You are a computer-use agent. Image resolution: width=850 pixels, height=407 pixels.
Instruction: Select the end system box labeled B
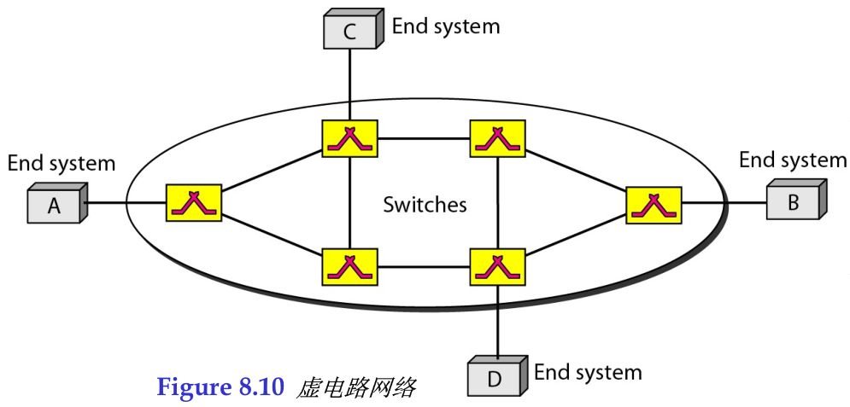794,202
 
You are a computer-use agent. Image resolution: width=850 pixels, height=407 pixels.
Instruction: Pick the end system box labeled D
495,378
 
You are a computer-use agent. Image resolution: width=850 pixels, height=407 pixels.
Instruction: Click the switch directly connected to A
194,203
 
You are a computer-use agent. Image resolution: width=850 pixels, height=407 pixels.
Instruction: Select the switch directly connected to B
654,204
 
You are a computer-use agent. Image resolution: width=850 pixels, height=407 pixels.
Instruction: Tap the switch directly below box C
350,137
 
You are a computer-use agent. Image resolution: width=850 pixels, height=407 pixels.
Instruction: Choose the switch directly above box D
498,266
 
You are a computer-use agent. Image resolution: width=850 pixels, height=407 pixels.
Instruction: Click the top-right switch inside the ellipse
498,137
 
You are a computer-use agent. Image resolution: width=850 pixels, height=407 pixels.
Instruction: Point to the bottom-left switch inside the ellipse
350,266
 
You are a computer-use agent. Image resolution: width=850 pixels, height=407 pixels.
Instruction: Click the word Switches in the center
425,205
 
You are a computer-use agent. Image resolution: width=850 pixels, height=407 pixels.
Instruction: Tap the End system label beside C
445,26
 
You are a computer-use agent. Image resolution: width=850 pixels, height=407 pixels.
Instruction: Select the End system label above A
61,162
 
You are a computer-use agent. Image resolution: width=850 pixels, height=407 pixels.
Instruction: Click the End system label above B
792,160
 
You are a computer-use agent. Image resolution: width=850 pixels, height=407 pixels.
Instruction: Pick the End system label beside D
588,372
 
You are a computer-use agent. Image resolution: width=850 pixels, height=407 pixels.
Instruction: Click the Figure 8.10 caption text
220,388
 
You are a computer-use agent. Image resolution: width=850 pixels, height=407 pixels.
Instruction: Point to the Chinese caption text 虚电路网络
356,388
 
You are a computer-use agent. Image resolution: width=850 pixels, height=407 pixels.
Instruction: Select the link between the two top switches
424,137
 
